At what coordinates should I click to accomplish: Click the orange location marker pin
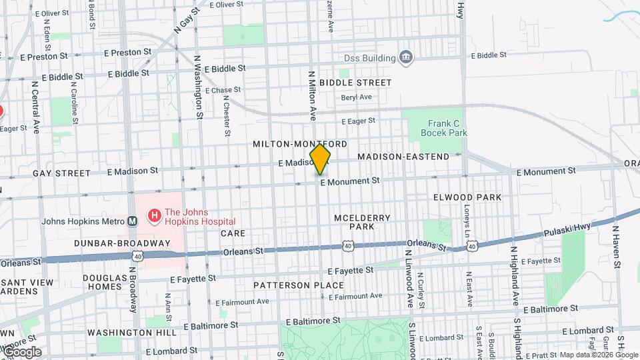coord(320,159)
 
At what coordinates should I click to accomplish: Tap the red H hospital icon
coord(155,215)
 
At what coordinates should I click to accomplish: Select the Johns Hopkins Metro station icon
coord(133,221)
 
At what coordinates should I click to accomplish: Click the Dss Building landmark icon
coord(405,58)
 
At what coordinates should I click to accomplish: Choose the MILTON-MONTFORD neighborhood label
coord(300,144)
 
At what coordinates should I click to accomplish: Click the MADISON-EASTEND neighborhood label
coord(403,157)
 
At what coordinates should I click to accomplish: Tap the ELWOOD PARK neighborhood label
coord(467,197)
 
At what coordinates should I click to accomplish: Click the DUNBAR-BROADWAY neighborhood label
coord(122,243)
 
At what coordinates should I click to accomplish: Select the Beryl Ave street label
coord(356,97)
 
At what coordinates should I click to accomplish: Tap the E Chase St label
coord(223,90)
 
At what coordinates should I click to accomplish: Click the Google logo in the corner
coord(22,351)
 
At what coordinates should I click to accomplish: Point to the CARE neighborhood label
coord(233,233)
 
